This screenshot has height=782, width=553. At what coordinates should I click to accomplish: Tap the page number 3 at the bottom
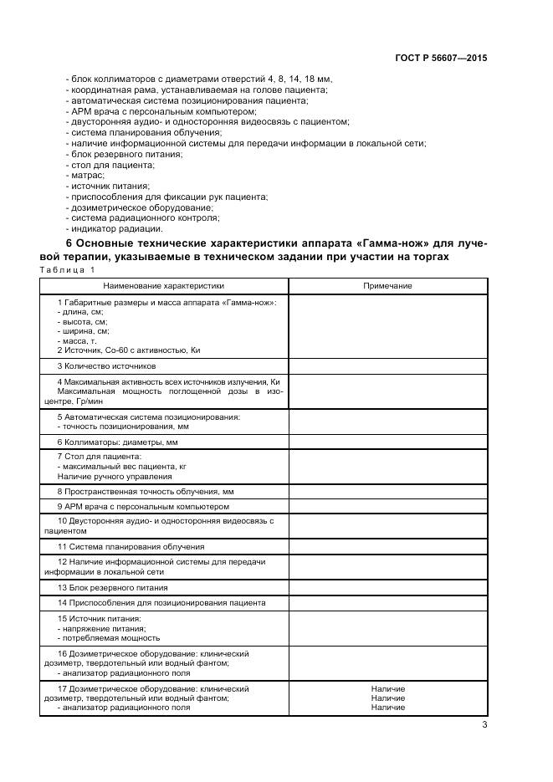tap(484, 725)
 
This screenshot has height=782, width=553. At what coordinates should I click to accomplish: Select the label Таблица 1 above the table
tap(68, 270)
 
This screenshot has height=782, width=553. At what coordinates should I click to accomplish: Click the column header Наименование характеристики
tap(165, 286)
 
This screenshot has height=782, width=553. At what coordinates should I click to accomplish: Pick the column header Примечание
tap(387, 286)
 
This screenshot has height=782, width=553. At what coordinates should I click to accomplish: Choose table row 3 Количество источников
tap(106, 366)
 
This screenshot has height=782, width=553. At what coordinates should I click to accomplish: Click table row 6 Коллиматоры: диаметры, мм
tap(117, 442)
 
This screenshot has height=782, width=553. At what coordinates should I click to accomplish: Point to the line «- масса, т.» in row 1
tap(78, 341)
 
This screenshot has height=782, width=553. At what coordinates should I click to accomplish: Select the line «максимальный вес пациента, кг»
tap(120, 466)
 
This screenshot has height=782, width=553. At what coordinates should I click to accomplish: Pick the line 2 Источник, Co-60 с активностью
tap(129, 350)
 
